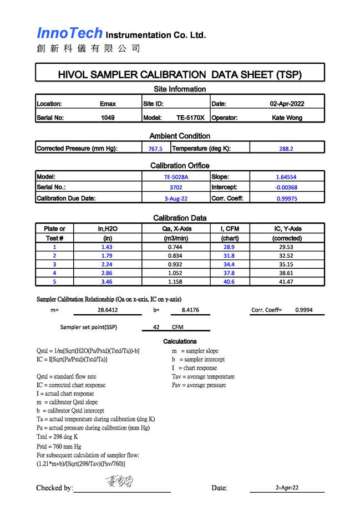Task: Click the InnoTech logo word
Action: point(70,33)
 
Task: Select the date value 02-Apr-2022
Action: point(287,104)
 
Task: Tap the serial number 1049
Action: point(108,117)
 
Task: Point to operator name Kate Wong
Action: point(287,117)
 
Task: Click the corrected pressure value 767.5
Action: point(155,149)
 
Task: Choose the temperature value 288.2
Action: point(286,149)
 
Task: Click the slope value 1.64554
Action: point(286,177)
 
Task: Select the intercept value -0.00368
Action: point(286,187)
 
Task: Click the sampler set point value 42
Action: point(156,327)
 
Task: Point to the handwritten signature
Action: point(119,482)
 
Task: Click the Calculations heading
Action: point(180,341)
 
